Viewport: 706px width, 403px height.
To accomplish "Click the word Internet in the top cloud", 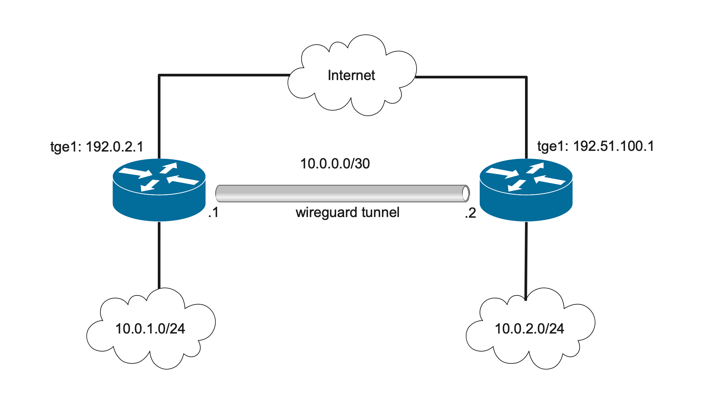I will tap(351, 75).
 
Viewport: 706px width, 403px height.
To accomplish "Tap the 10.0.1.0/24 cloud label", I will tap(150, 329).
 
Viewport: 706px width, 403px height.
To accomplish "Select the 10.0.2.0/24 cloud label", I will tap(529, 329).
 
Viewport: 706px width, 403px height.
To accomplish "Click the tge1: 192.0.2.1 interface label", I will tap(97, 146).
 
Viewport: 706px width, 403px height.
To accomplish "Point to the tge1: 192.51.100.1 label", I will tap(596, 146).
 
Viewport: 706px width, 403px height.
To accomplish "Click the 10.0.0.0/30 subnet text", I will tap(335, 163).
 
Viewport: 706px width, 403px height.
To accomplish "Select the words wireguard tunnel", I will tap(347, 212).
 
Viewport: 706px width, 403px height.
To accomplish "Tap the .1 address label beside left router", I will tap(213, 212).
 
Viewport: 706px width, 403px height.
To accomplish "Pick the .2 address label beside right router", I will tap(470, 213).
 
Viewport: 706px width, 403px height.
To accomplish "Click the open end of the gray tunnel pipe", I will tap(466, 194).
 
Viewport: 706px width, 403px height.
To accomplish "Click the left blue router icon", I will tap(159, 190).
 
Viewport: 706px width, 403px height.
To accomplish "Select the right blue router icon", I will tap(526, 190).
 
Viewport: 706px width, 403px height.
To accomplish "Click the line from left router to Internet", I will tap(159, 116).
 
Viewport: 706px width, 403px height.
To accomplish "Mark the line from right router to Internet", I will tap(526, 116).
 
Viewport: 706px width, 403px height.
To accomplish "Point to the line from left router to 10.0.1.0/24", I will tap(159, 255).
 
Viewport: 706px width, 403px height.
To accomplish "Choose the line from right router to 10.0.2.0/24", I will tap(526, 258).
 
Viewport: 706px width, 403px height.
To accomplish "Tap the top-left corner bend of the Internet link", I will tap(160, 76).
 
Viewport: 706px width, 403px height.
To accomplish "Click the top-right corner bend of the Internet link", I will tap(526, 77).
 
